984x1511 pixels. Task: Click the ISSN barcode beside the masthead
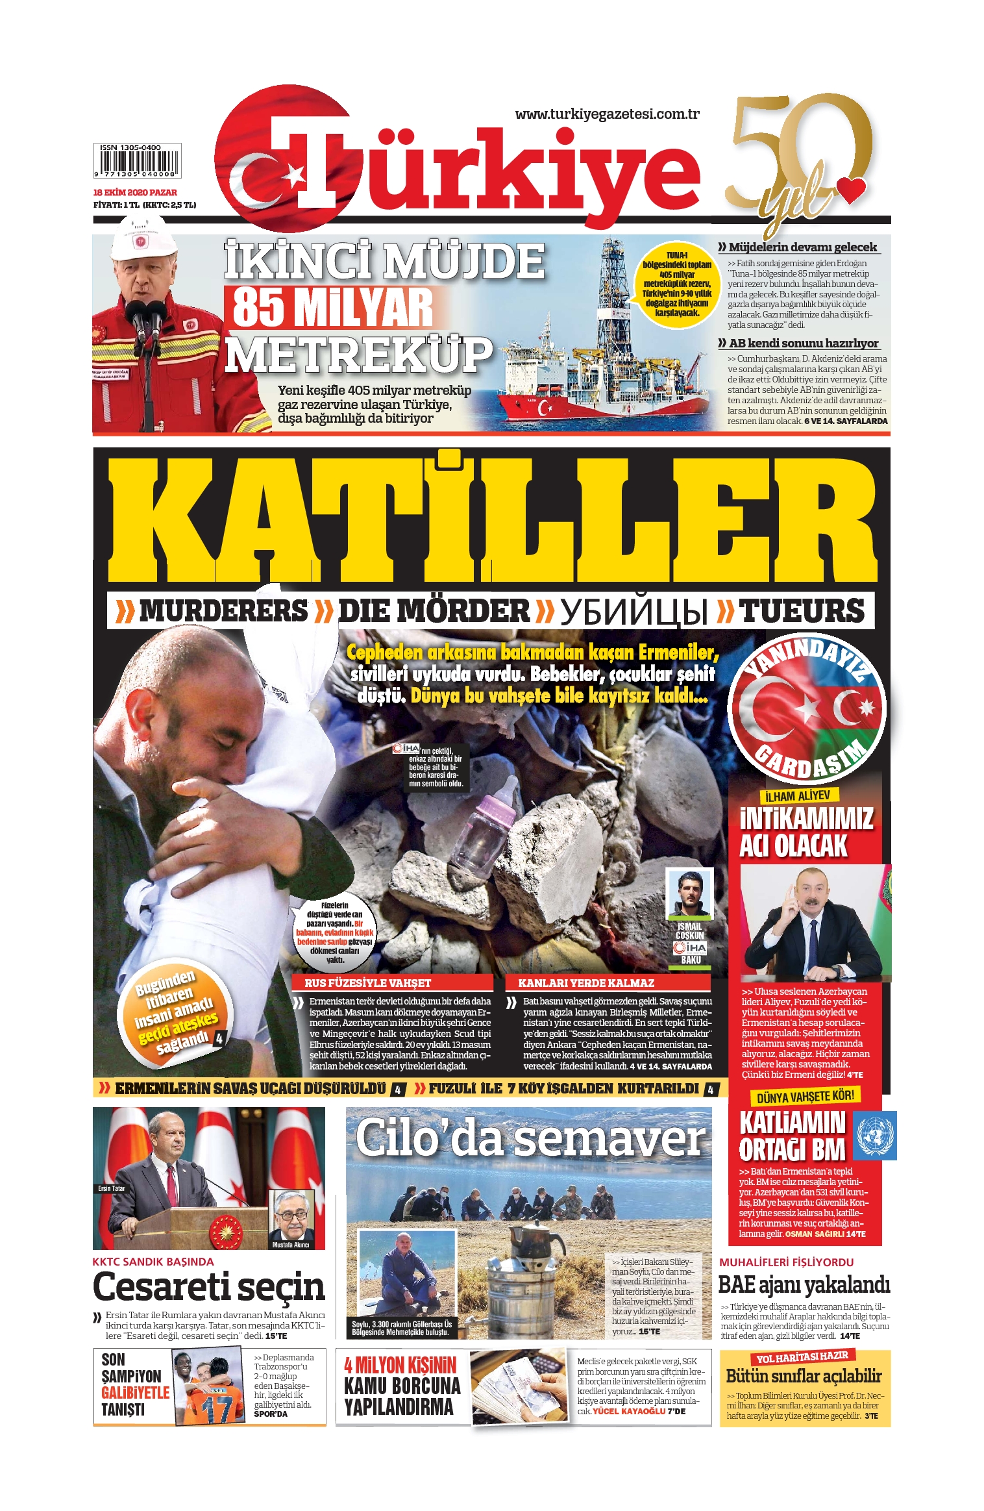(x=136, y=161)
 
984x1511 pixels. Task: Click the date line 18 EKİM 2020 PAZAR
(x=135, y=192)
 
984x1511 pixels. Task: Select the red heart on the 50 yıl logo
(x=850, y=190)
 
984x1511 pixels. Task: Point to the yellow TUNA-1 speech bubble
(x=677, y=284)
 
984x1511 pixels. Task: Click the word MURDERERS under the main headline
(x=223, y=611)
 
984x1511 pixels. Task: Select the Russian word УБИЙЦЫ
(x=633, y=612)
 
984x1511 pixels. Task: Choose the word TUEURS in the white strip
(x=802, y=611)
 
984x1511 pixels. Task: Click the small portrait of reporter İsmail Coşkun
(x=689, y=894)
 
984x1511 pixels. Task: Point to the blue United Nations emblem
(x=874, y=1135)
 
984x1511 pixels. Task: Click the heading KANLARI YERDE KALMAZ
(x=585, y=983)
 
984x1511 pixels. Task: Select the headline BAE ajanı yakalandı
(x=804, y=1284)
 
